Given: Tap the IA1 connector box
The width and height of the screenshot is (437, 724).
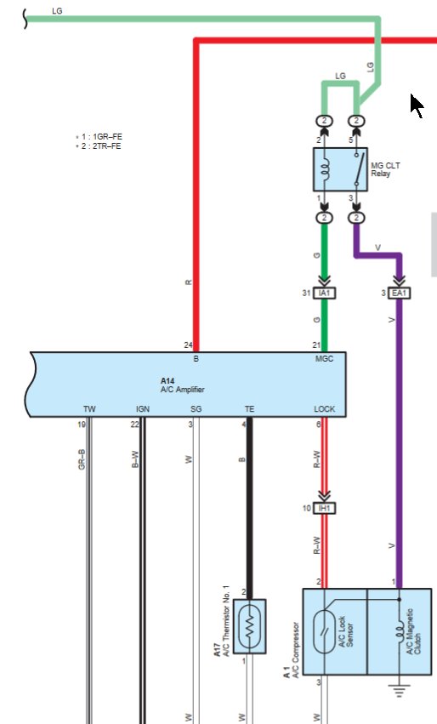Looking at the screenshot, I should click(323, 293).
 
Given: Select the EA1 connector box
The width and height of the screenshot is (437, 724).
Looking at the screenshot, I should click(400, 293).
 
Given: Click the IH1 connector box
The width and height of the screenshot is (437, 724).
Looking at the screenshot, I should click(323, 508).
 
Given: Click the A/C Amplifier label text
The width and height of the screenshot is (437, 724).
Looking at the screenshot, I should click(182, 389).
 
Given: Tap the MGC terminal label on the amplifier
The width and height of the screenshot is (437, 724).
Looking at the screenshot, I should click(324, 360).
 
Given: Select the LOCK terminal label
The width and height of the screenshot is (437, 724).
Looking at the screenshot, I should click(324, 409).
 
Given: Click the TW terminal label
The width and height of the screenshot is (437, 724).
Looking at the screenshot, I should click(89, 409).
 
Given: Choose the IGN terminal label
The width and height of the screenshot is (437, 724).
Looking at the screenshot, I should click(142, 409).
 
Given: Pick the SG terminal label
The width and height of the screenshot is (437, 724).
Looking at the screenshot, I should click(196, 409).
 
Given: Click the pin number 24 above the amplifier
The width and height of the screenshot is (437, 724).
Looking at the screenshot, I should click(188, 345).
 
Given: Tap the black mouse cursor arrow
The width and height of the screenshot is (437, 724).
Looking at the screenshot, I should click(417, 106).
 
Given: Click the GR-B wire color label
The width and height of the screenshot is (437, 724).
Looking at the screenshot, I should click(82, 459).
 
